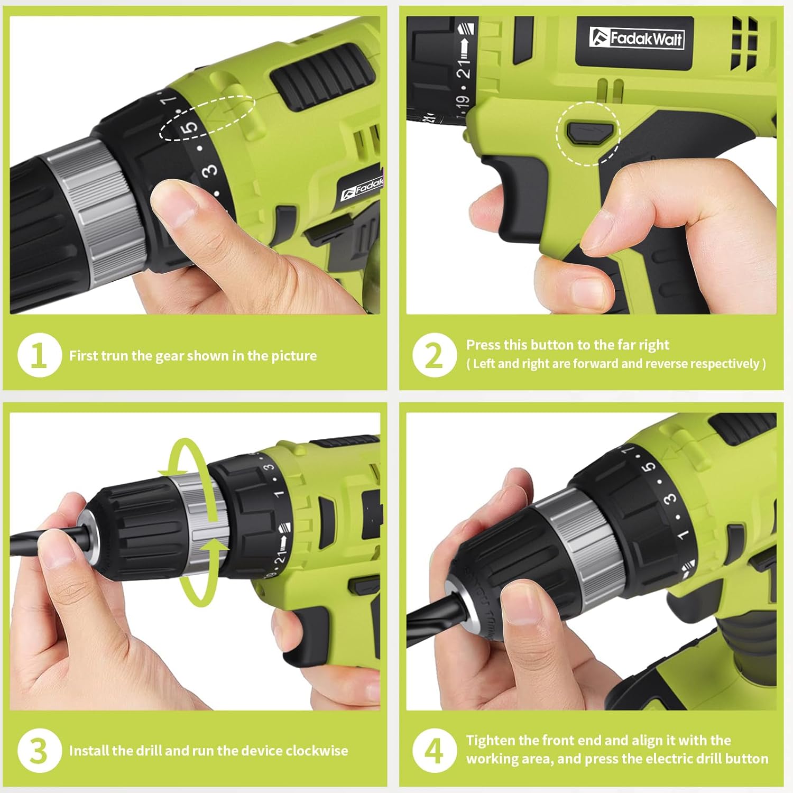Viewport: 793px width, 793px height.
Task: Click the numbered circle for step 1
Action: click(x=39, y=355)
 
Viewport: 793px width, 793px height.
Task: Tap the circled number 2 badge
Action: click(x=434, y=355)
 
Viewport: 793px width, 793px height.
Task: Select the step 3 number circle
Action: click(x=39, y=750)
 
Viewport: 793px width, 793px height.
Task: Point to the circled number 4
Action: click(x=434, y=750)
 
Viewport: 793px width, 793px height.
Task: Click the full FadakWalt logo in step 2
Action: click(x=637, y=38)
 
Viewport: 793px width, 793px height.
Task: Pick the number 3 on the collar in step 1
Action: click(x=210, y=170)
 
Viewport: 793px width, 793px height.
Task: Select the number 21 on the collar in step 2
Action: click(x=463, y=69)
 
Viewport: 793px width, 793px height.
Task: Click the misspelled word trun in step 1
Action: click(x=114, y=356)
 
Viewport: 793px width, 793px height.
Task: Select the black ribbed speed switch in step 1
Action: click(x=320, y=77)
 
